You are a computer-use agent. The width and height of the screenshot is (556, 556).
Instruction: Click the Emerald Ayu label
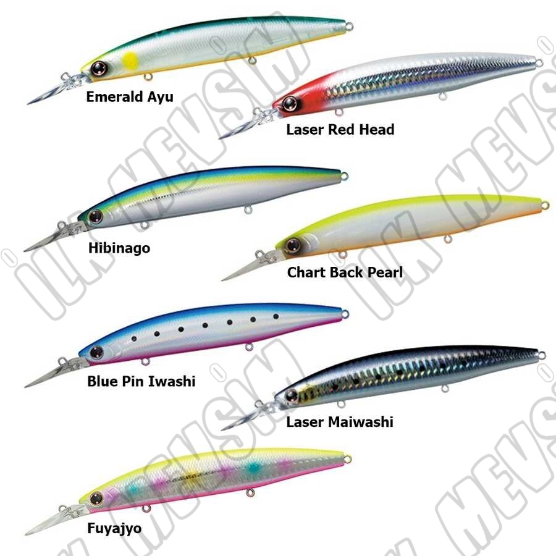[130, 96]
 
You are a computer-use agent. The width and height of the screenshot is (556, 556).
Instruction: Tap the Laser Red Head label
[340, 129]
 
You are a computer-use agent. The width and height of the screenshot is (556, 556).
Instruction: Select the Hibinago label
[119, 248]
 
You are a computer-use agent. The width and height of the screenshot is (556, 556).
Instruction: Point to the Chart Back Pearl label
[345, 272]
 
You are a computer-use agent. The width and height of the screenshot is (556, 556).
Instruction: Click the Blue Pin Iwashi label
[141, 381]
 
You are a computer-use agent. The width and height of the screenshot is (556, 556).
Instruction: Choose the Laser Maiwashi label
[339, 422]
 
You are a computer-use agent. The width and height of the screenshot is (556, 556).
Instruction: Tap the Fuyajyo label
[114, 528]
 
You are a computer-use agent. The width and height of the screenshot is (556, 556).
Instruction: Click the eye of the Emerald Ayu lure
[98, 68]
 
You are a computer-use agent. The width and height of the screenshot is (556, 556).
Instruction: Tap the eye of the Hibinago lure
[95, 216]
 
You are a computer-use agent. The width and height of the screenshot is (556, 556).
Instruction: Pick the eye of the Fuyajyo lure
[96, 497]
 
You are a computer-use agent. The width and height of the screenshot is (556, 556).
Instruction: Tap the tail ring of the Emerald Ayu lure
[349, 26]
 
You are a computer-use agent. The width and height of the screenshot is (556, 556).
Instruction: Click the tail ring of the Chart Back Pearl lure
[545, 205]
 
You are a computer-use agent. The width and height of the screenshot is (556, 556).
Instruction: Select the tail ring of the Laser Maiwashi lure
[541, 355]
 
